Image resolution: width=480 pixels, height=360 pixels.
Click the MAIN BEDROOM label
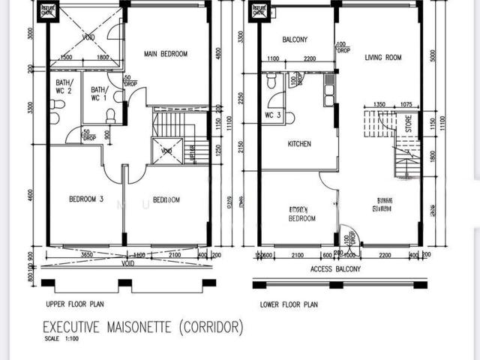[166, 54]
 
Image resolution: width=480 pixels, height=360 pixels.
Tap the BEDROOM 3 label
[85, 199]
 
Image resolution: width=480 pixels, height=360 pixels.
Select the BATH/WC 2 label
[63, 87]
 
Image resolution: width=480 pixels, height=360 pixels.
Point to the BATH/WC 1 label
[100, 93]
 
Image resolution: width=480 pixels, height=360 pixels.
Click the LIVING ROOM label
[383, 58]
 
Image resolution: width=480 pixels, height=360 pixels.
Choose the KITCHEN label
[298, 144]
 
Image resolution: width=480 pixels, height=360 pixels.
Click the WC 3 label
[273, 115]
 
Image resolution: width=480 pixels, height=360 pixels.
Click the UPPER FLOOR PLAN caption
[75, 304]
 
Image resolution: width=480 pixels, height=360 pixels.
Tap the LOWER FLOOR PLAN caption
[289, 304]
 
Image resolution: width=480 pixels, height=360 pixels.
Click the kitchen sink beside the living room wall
[328, 94]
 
